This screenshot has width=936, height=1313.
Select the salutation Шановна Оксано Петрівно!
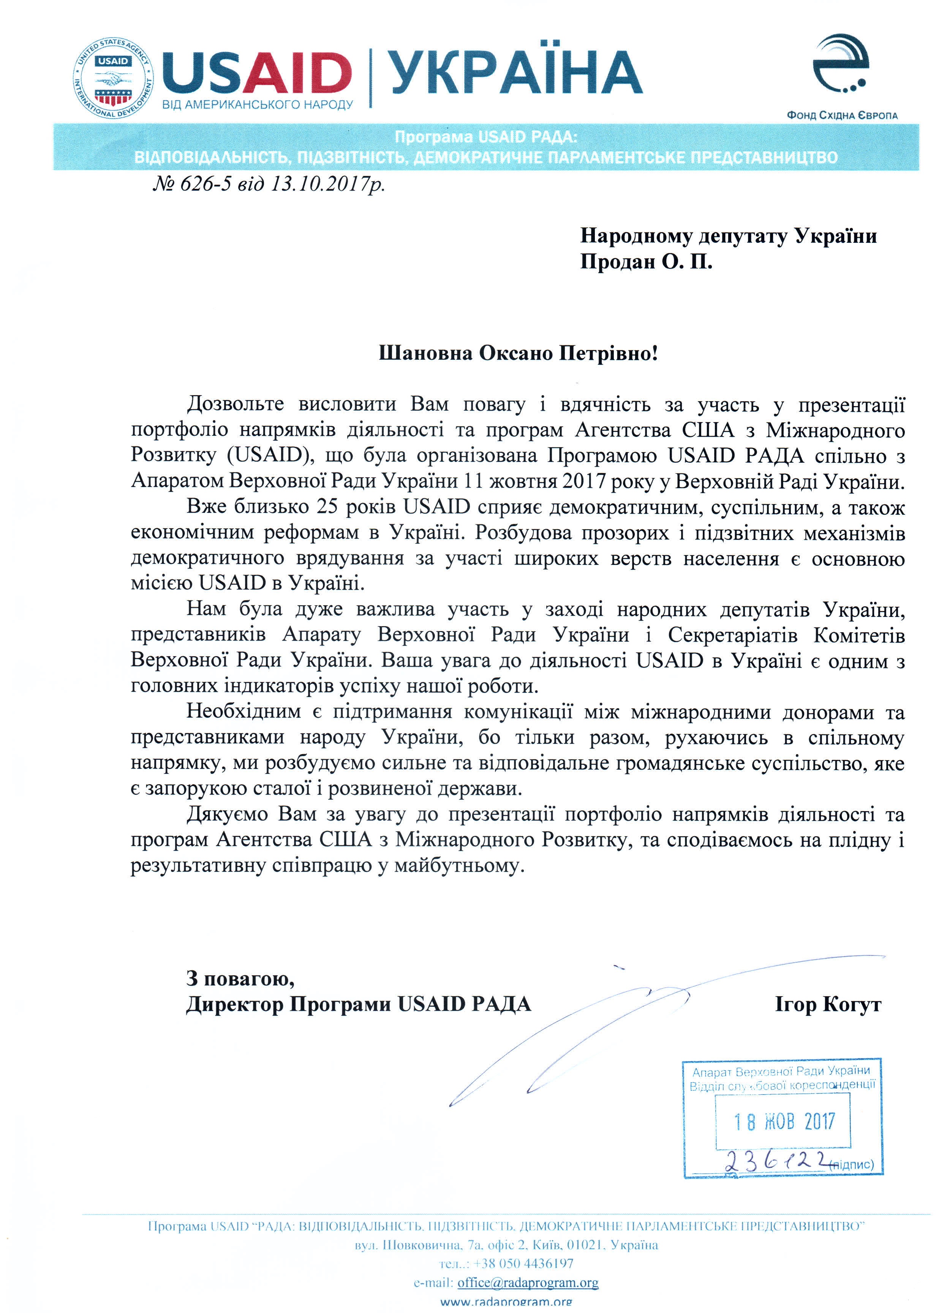point(517,353)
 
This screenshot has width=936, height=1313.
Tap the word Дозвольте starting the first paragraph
point(235,404)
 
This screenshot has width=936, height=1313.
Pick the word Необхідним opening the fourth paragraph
point(243,712)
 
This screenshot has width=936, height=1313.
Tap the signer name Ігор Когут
point(828,1004)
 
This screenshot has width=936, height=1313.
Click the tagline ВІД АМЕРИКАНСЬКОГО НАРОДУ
point(258,105)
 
